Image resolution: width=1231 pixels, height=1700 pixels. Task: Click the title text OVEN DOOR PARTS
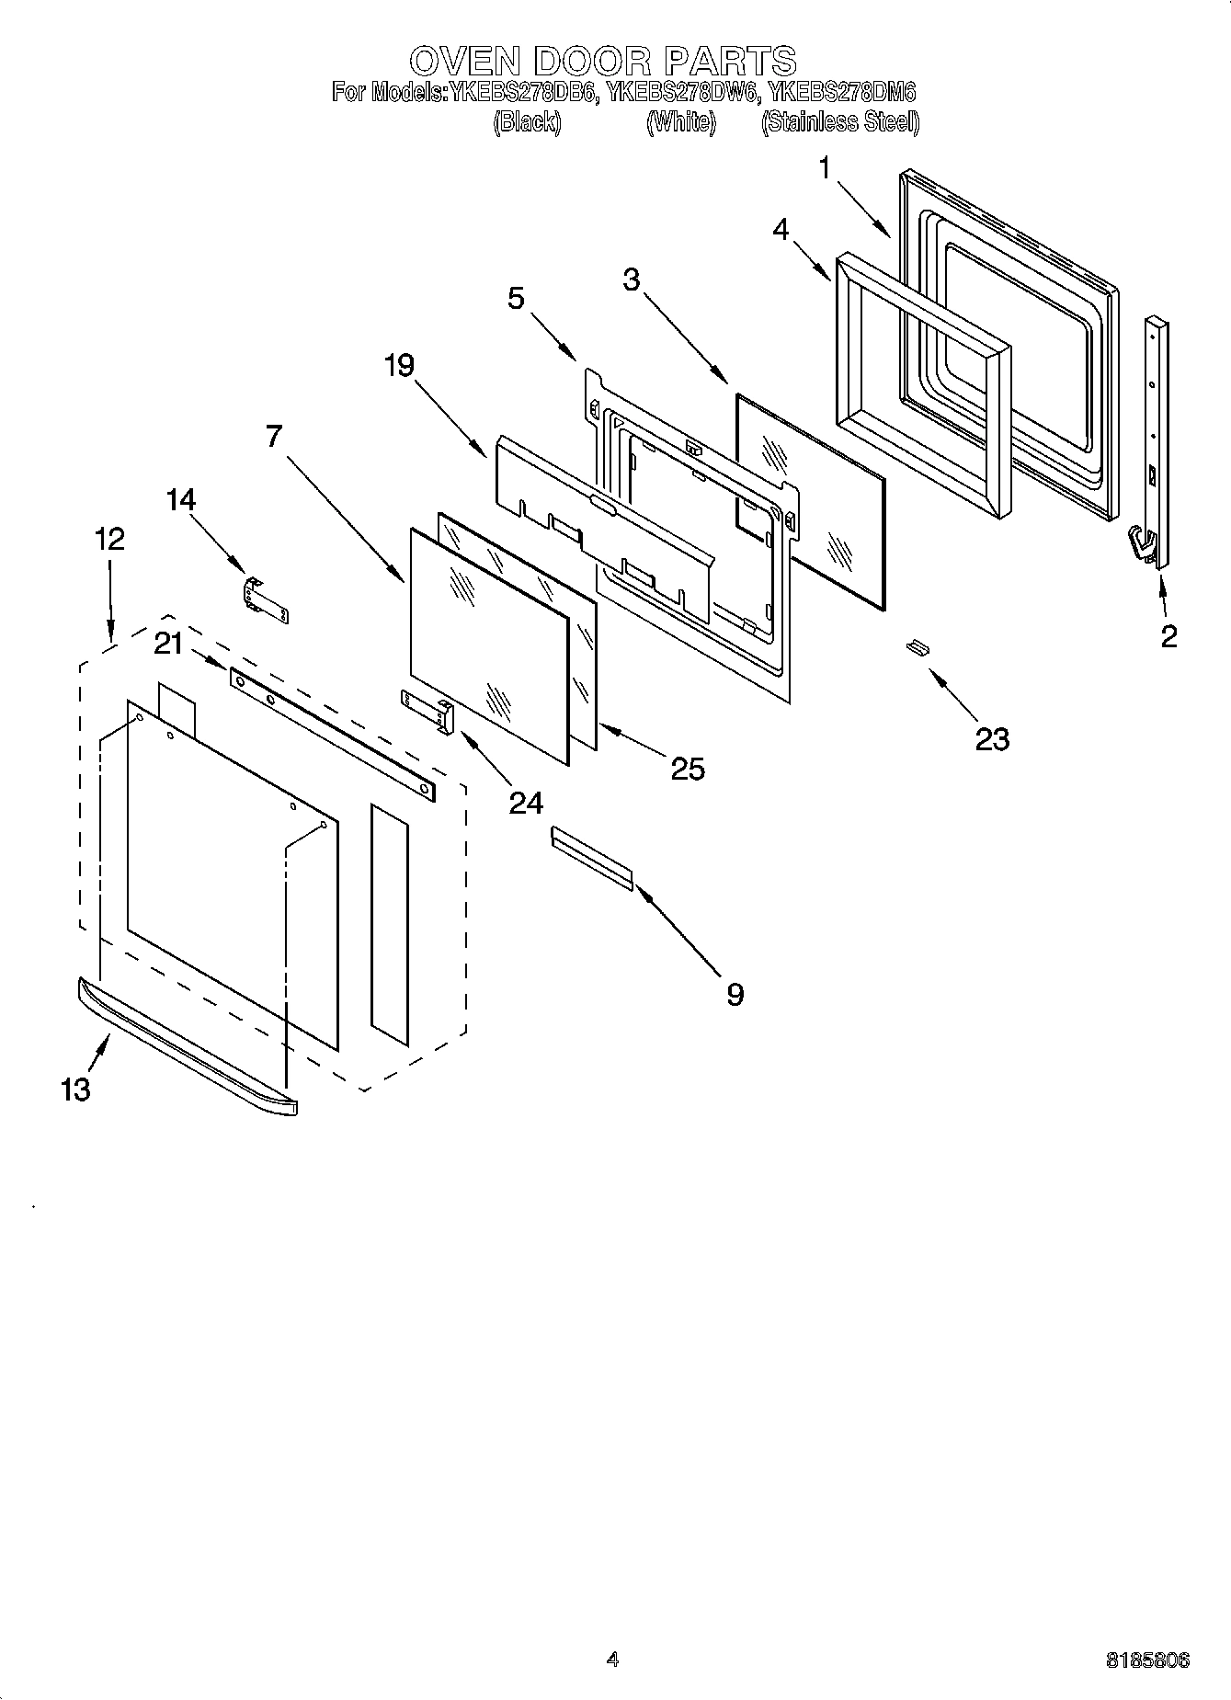[x=602, y=61]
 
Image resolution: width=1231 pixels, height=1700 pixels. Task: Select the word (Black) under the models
[x=527, y=121]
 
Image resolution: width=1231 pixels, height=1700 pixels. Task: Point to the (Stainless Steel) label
[x=839, y=121]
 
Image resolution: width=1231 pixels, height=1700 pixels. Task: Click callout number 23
[x=992, y=738]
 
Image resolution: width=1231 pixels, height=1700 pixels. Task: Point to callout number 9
[x=734, y=993]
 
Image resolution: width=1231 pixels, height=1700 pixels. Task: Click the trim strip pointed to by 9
[x=592, y=857]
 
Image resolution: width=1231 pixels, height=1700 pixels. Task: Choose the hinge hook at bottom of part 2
[x=1142, y=544]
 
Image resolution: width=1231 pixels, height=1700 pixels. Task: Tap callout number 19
[x=399, y=365]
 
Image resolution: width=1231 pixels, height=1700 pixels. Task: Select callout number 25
[x=687, y=768]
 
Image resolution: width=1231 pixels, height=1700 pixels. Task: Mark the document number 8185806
[x=1146, y=1660]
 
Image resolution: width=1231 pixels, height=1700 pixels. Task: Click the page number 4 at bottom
[x=612, y=1660]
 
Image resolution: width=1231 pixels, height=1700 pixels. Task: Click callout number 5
[x=516, y=297]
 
